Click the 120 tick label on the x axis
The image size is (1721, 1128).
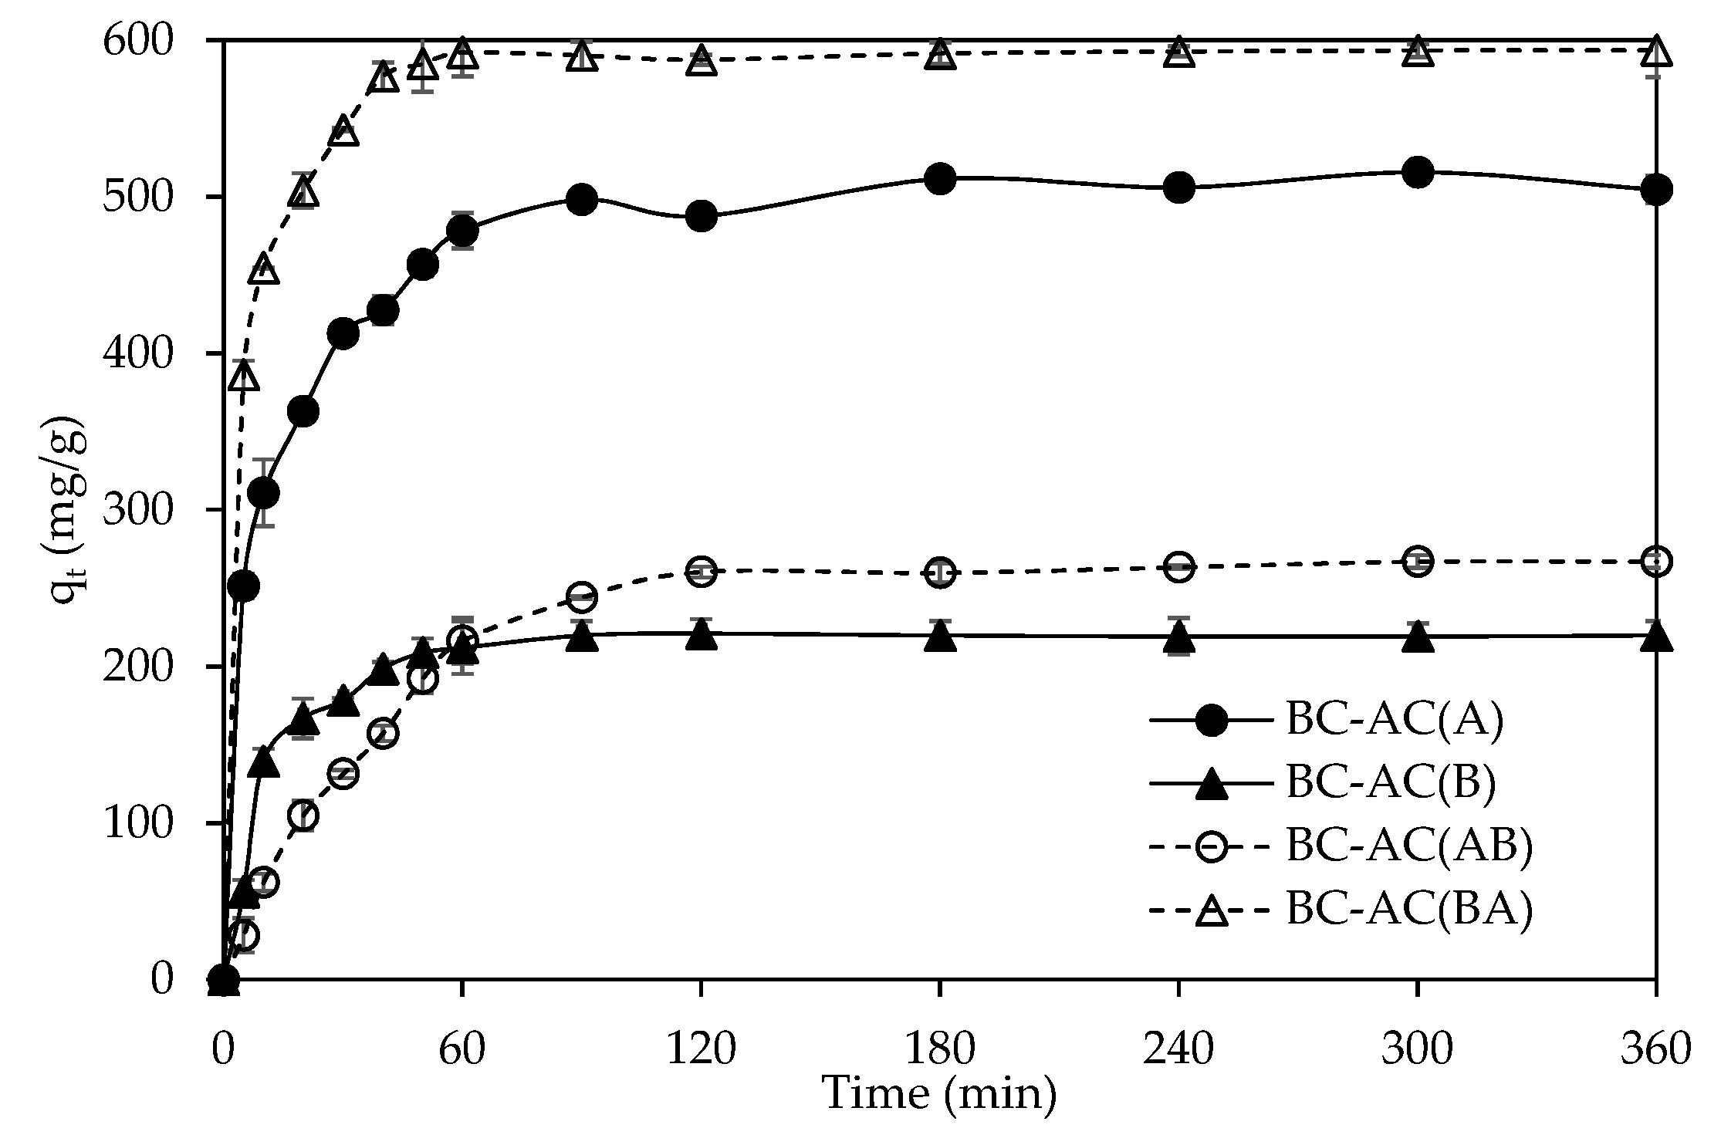pyautogui.click(x=701, y=1050)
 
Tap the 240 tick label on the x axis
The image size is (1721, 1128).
pyautogui.click(x=1178, y=1050)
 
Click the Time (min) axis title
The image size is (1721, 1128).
pyautogui.click(x=939, y=1093)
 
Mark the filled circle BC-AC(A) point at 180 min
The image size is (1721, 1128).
pyautogui.click(x=939, y=179)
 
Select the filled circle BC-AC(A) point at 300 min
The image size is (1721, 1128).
pyautogui.click(x=1417, y=171)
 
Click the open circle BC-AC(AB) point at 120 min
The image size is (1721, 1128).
pyautogui.click(x=701, y=572)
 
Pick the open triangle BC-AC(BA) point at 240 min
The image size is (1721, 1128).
pyautogui.click(x=1178, y=52)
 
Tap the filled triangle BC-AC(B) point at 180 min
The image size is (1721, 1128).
pyautogui.click(x=939, y=637)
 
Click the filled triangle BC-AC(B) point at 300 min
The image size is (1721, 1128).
pyautogui.click(x=1417, y=637)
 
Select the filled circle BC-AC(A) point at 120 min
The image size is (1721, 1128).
pyautogui.click(x=701, y=216)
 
